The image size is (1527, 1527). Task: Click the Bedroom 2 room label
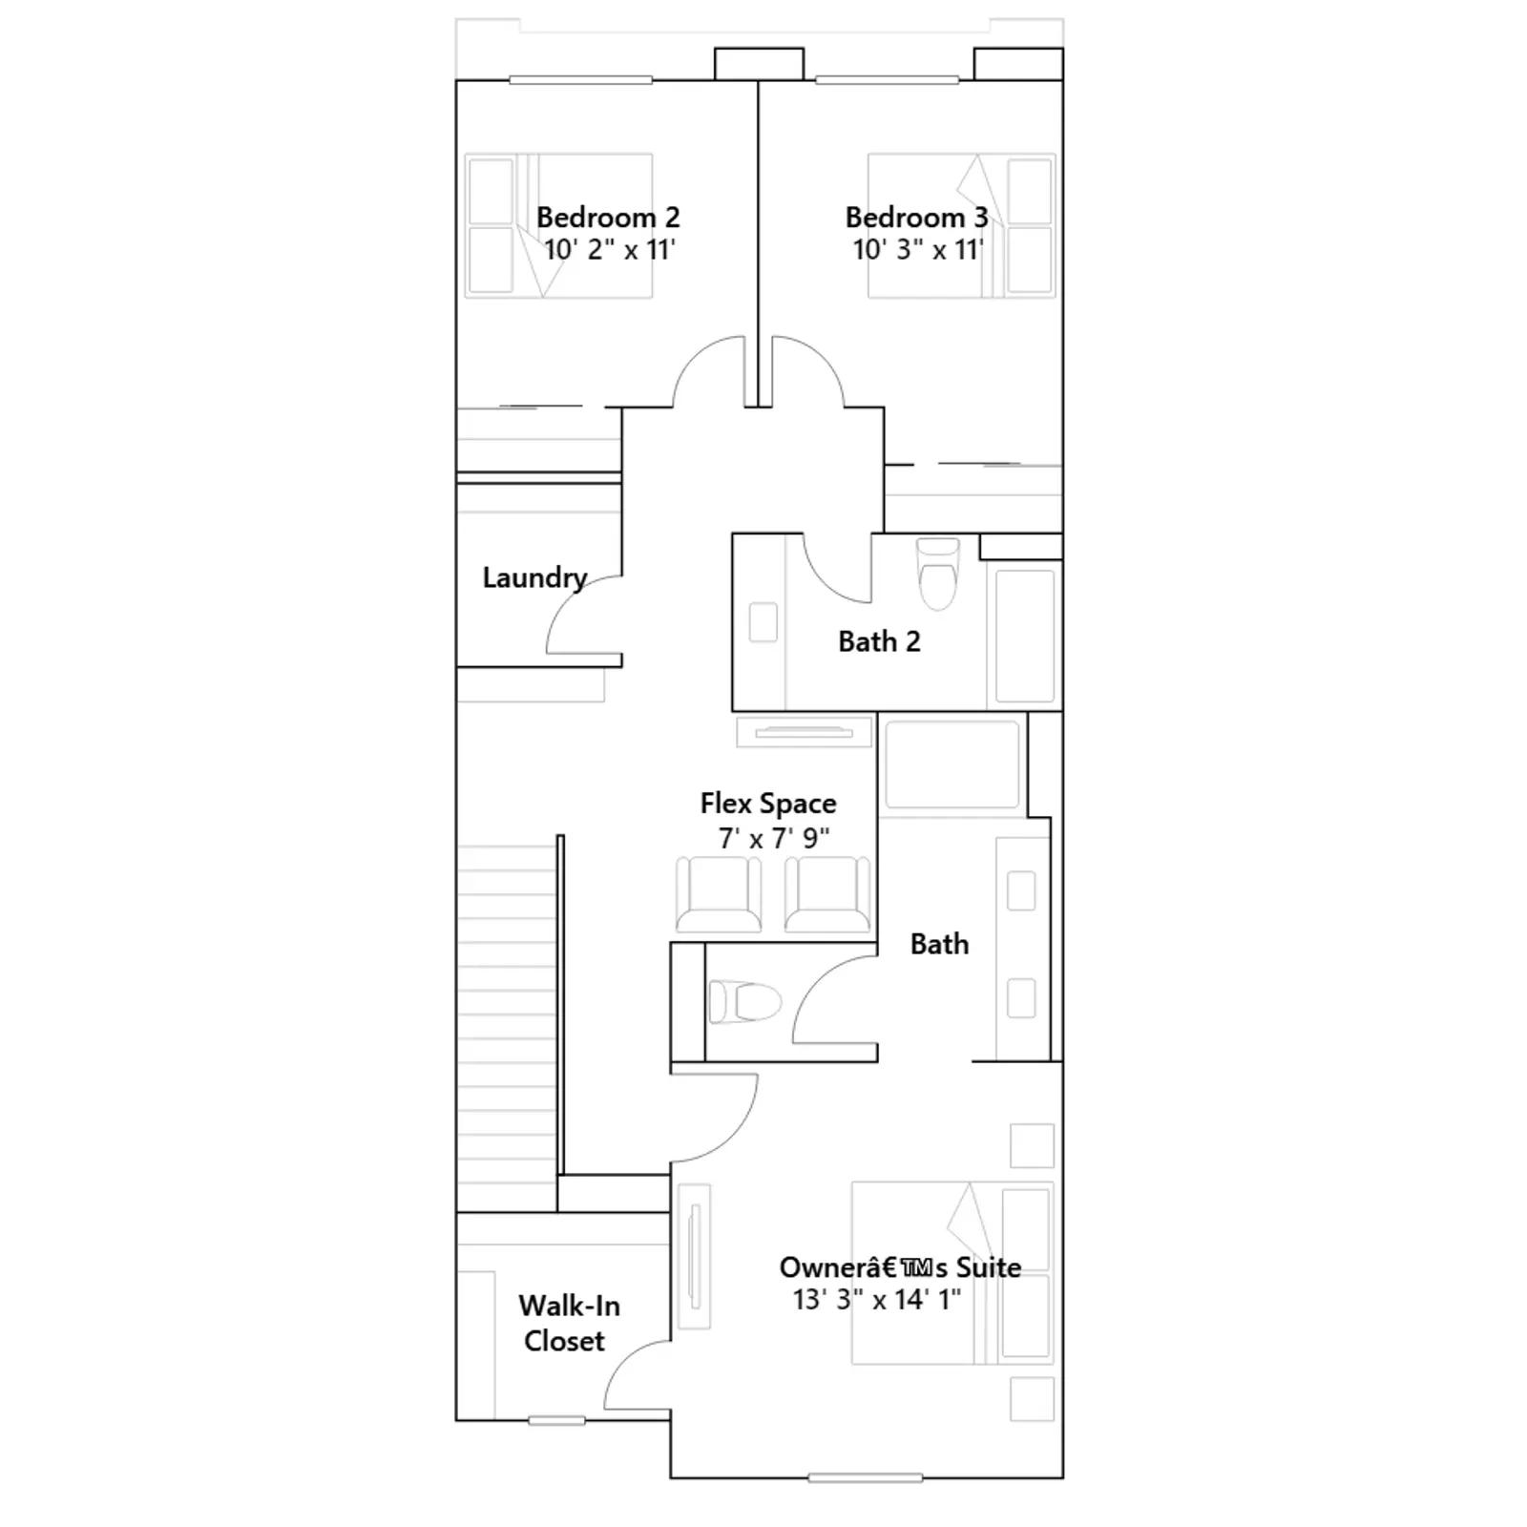click(608, 218)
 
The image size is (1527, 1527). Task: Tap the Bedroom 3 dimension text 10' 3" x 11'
click(917, 250)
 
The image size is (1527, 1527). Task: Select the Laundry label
click(534, 578)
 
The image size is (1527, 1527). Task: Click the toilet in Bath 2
click(937, 574)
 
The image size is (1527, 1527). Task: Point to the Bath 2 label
click(879, 641)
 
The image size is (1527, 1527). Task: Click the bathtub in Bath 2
click(1025, 636)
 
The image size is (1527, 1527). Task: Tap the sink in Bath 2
click(763, 622)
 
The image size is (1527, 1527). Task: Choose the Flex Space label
click(768, 804)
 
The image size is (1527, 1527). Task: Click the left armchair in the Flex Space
click(719, 894)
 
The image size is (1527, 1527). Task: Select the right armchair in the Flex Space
click(827, 894)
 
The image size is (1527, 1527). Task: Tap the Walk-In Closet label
click(568, 1323)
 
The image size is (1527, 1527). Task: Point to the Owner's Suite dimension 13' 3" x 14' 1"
click(876, 1300)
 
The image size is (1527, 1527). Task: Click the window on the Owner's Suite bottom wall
click(865, 1478)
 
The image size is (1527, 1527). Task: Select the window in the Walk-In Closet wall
click(557, 1421)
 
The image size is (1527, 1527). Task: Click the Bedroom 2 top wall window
click(580, 80)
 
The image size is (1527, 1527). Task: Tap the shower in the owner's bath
click(952, 764)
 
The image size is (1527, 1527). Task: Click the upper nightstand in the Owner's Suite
click(1032, 1145)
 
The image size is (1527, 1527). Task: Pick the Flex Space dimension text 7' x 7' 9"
click(774, 839)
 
